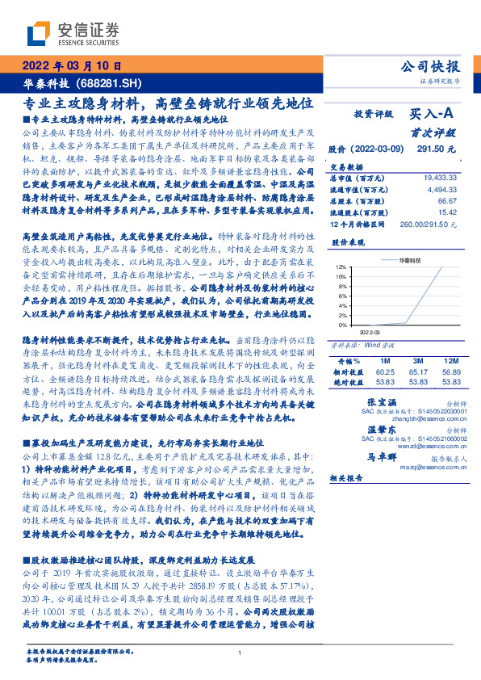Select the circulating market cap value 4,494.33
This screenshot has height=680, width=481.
pos(441,188)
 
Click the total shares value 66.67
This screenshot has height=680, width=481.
pos(447,199)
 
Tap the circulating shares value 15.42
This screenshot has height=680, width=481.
pos(447,212)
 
